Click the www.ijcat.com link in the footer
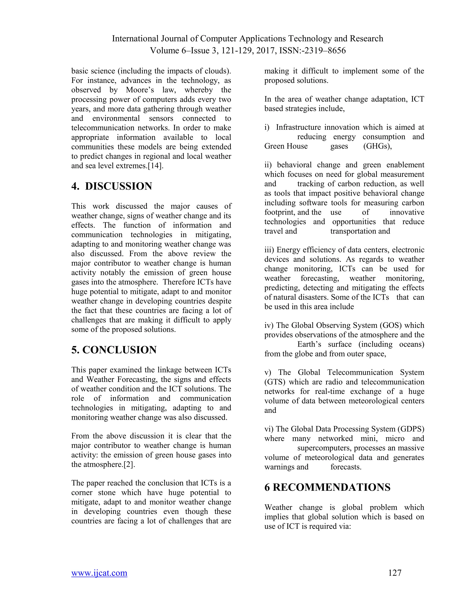click(99, 573)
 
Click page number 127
click(395, 573)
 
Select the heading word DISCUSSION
click(118, 186)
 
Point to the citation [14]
click(156, 166)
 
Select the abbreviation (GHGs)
click(377, 146)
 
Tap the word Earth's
click(309, 344)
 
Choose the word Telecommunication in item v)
click(360, 373)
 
